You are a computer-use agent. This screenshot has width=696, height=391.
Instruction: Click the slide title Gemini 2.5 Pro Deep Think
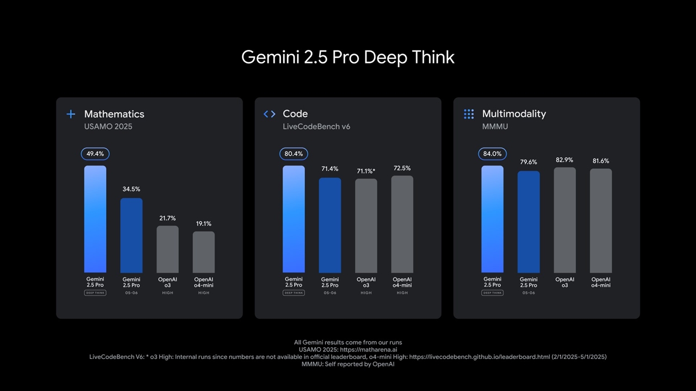pos(347,57)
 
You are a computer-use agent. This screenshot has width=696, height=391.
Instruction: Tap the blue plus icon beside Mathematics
pos(71,114)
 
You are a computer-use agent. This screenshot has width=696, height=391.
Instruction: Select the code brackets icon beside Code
pos(269,114)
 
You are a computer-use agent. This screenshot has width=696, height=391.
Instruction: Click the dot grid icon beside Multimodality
pos(469,114)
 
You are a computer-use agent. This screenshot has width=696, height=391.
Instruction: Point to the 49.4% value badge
pos(95,154)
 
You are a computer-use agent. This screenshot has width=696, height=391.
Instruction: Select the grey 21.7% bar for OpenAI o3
pos(167,249)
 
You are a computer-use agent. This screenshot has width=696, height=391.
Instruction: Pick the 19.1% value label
pos(204,224)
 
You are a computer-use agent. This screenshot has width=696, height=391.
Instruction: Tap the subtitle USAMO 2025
pos(108,127)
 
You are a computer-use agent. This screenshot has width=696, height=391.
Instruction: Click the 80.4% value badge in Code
pos(294,154)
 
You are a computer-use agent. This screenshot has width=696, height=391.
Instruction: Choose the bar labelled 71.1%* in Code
pos(366,226)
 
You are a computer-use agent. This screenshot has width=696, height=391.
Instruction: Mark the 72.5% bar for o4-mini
pos(402,224)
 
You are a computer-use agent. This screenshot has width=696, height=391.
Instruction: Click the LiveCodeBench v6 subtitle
pos(316,127)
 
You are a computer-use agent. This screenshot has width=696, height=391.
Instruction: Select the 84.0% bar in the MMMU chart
pos(492,219)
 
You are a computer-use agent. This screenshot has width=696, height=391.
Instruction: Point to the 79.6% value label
pos(529,162)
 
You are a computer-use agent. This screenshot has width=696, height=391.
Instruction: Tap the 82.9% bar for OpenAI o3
pos(565,220)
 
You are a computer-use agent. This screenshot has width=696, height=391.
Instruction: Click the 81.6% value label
pos(601,161)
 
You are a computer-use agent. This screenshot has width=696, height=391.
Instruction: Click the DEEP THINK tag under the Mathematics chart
pos(95,293)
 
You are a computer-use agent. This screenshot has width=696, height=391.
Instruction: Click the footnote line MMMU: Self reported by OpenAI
pos(348,364)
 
